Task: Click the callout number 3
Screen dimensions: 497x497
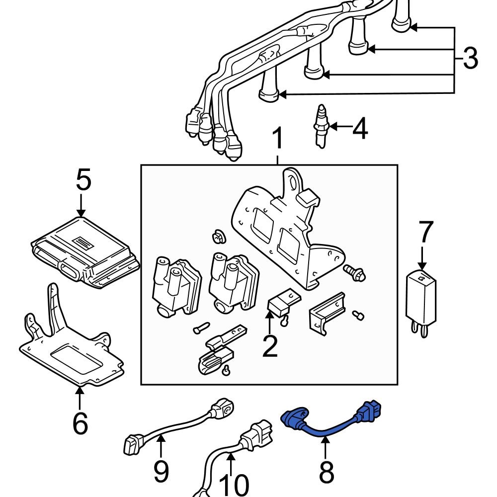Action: click(470, 59)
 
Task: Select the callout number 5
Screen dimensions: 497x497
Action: click(83, 180)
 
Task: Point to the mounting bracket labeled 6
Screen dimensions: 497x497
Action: click(75, 353)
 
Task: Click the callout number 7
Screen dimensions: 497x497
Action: click(426, 233)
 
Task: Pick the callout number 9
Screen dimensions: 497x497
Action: click(161, 471)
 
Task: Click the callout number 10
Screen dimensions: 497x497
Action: click(234, 485)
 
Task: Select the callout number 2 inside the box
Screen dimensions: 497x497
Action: click(270, 347)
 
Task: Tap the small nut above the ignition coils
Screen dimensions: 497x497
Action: click(217, 237)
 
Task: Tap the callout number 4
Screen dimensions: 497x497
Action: click(360, 129)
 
